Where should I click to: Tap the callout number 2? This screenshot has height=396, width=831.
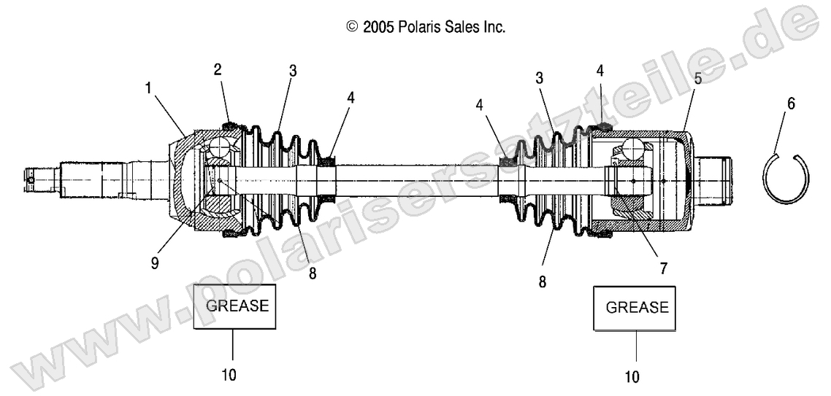click(218, 69)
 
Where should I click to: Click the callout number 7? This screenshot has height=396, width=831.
click(663, 268)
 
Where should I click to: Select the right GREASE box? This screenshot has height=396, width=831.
click(634, 308)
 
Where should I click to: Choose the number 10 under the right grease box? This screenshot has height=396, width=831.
click(632, 377)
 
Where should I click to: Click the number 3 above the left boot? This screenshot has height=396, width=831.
click(292, 71)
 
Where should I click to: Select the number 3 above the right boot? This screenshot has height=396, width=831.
click(539, 77)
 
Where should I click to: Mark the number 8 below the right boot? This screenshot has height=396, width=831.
click(542, 281)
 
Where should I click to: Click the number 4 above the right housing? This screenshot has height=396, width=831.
click(600, 71)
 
